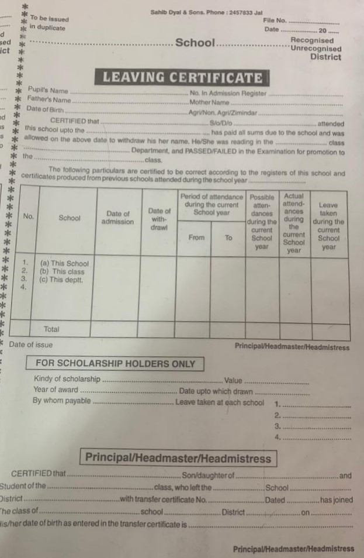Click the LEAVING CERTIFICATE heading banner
click(x=182, y=78)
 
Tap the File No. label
click(x=275, y=20)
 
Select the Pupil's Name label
click(x=48, y=91)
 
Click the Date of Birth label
click(x=46, y=109)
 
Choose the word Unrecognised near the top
click(x=316, y=49)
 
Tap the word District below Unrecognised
click(x=325, y=57)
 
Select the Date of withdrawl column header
click(x=159, y=218)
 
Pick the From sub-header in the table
click(x=196, y=237)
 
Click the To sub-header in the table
click(x=228, y=237)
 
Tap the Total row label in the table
click(x=51, y=329)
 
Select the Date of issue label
click(x=30, y=345)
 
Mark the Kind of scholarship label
click(x=67, y=378)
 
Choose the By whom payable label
click(x=61, y=401)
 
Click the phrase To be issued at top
click(x=49, y=19)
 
